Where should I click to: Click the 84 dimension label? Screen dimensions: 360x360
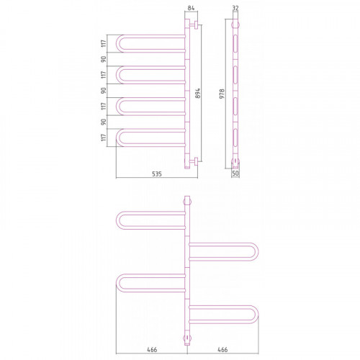[191, 8]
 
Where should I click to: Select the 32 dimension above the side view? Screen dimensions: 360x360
[235, 8]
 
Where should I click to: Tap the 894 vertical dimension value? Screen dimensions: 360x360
[197, 93]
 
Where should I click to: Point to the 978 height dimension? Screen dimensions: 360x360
[222, 94]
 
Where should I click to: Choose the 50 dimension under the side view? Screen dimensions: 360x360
[235, 174]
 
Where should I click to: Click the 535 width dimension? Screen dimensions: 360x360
[157, 174]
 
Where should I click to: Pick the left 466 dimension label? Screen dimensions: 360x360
[152, 350]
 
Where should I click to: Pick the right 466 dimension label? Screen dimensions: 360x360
[222, 350]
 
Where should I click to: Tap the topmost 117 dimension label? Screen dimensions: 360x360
[104, 43]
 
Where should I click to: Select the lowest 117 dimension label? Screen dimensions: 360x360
[104, 138]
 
